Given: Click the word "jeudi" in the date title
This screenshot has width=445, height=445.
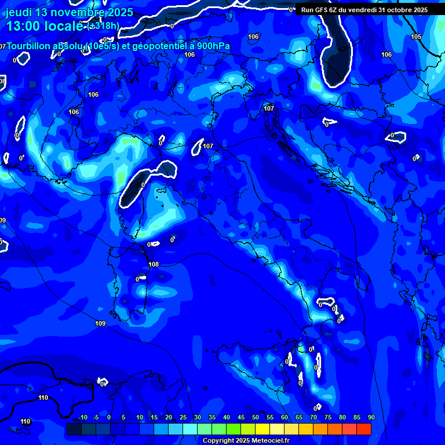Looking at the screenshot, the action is pos(19,12).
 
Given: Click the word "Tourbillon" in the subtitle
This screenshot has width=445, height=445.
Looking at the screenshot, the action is pos(28,46).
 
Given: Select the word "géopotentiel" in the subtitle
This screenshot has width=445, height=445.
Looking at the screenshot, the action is pos(155,46).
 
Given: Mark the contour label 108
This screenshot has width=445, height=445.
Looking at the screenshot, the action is pos(153,264).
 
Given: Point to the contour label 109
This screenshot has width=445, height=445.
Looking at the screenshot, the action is pos(100,323).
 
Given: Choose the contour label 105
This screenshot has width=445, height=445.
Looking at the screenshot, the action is pos(416,37).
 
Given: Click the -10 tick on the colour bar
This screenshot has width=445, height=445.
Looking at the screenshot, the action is pos(83,417).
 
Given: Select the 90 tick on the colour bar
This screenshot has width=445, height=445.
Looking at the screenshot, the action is pos(371,417).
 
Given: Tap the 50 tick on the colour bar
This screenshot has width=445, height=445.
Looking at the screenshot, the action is pos(256,417).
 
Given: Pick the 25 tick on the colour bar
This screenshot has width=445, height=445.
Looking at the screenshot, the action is pos(183,417).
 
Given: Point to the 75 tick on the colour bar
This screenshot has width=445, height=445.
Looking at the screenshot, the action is pos(328,417).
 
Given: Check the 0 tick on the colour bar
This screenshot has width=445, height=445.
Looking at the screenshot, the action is pos(109,417).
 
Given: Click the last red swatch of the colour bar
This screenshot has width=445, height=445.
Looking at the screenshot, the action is pos(363,429).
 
